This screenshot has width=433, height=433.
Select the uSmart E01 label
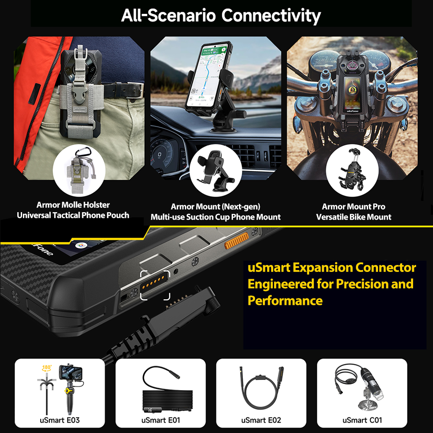pyautogui.click(x=160, y=420)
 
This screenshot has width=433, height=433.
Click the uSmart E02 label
pyautogui.click(x=261, y=420)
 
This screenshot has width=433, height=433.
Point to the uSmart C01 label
pyautogui.click(x=362, y=420)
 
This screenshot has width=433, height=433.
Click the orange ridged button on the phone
pyautogui.click(x=236, y=240)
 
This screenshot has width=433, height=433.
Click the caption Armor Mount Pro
pyautogui.click(x=353, y=207)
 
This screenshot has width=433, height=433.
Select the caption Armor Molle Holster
pyautogui.click(x=73, y=205)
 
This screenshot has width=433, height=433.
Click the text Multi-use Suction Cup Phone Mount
pyautogui.click(x=215, y=217)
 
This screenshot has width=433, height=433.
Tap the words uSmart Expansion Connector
pyautogui.click(x=332, y=268)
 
